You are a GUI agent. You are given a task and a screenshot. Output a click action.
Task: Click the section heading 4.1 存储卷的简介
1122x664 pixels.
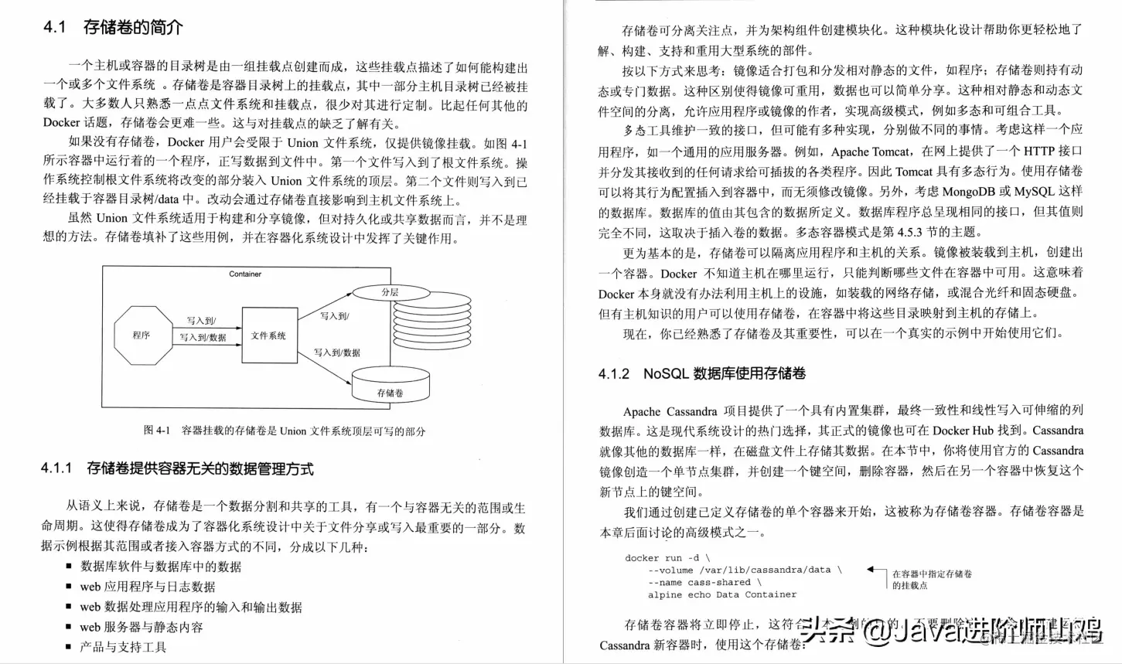113,28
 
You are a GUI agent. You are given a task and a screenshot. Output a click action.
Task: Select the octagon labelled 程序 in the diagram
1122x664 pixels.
142,335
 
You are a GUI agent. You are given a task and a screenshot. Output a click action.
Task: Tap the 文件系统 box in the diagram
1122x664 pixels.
269,335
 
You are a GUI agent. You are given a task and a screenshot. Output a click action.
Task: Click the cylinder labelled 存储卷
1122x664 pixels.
390,386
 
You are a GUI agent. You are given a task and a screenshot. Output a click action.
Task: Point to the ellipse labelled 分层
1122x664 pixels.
390,293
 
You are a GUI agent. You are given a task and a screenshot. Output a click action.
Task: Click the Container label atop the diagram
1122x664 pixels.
245,274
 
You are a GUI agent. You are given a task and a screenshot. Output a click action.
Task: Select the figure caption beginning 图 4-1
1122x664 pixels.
284,431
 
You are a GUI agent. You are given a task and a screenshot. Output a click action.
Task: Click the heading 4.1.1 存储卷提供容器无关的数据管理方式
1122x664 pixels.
177,468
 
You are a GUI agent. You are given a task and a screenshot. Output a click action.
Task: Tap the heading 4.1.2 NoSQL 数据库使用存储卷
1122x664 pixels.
701,373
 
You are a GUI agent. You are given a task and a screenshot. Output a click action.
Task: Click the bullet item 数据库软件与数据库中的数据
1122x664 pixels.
161,567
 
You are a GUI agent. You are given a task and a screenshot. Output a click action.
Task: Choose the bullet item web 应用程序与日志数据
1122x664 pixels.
148,587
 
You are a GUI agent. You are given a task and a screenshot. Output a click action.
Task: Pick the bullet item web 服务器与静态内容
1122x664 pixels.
142,627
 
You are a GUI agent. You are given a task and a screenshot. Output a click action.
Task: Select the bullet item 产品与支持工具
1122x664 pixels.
123,647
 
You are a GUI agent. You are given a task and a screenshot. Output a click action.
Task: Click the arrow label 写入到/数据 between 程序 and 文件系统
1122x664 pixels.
203,338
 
